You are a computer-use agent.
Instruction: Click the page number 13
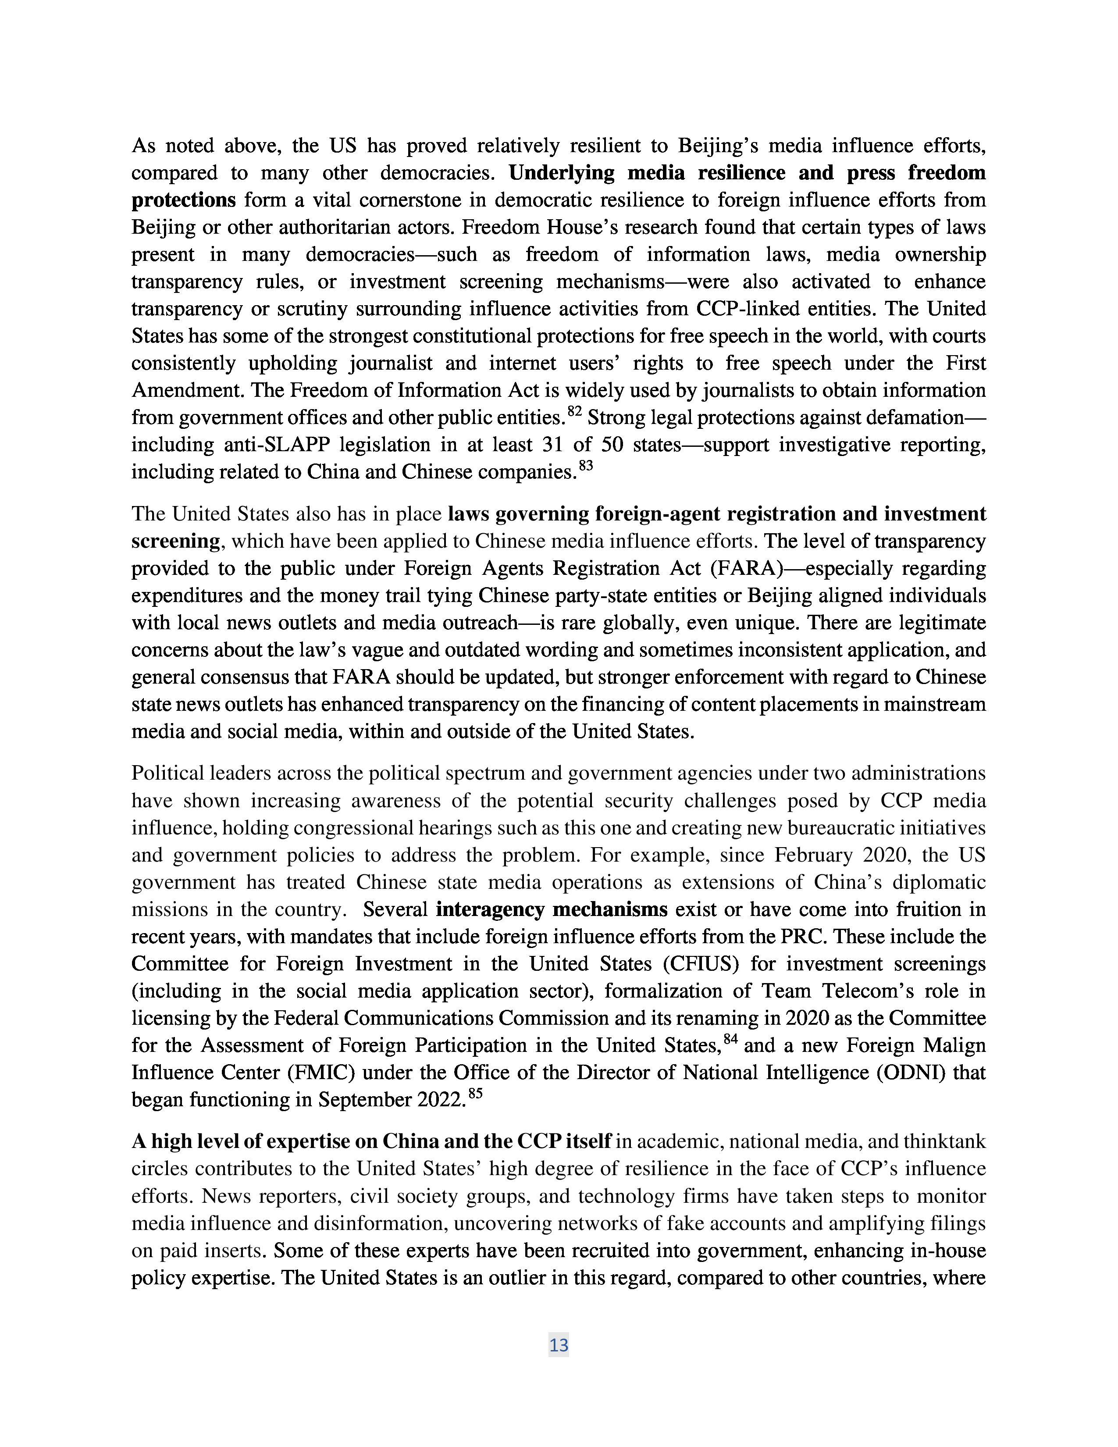(558, 1345)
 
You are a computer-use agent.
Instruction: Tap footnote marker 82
(574, 412)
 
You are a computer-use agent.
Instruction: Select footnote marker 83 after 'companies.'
(585, 467)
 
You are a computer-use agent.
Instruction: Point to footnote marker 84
(730, 1040)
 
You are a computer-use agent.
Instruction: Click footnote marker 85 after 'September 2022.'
(475, 1094)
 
